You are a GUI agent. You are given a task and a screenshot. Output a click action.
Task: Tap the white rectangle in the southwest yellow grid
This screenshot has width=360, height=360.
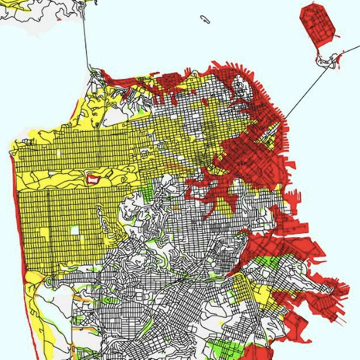pyautogui.click(x=75, y=230)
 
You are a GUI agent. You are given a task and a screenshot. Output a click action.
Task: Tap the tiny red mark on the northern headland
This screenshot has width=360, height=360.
pyautogui.click(x=59, y=19)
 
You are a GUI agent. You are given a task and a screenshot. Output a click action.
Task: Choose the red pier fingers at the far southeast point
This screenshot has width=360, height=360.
pyautogui.click(x=339, y=291)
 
